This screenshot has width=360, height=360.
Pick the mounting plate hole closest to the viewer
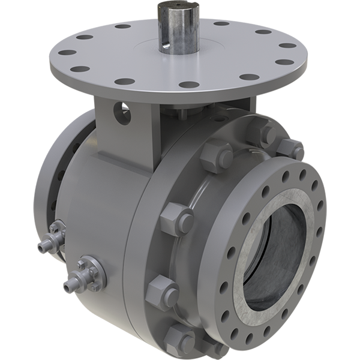pyautogui.click(x=187, y=85)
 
